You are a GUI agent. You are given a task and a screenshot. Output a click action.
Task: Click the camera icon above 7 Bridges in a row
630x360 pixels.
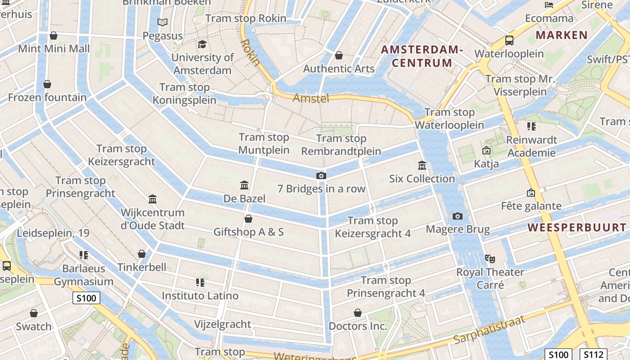321,175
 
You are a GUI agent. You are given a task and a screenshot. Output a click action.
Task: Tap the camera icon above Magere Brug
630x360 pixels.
458,216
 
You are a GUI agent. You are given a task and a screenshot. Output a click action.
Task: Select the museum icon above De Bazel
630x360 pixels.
244,185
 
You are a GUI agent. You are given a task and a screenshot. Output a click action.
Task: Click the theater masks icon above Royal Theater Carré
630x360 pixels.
490,259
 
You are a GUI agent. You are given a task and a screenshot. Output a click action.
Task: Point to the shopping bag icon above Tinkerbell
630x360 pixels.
142,254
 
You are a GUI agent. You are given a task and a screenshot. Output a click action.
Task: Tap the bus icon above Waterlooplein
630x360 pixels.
509,40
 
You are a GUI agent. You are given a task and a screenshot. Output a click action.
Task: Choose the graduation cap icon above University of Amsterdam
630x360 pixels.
202,44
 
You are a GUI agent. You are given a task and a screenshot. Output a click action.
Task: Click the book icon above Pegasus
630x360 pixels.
162,22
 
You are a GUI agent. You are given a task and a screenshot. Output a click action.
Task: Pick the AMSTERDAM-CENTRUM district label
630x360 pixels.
422,56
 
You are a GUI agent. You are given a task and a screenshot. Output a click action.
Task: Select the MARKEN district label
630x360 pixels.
562,35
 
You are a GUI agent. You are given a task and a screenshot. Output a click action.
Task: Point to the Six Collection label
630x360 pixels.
422,179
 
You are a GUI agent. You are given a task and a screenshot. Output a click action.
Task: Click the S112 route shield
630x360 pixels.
593,355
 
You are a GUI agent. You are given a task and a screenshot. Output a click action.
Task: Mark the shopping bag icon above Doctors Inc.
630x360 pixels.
358,313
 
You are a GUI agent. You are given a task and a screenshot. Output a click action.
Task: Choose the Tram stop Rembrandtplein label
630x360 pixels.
341,145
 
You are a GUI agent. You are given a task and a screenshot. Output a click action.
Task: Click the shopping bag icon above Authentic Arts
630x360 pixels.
338,55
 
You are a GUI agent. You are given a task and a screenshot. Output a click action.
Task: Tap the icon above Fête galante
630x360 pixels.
531,193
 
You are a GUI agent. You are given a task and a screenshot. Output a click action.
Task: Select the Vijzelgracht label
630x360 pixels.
222,324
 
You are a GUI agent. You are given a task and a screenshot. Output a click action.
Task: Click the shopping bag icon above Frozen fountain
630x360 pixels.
47,84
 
